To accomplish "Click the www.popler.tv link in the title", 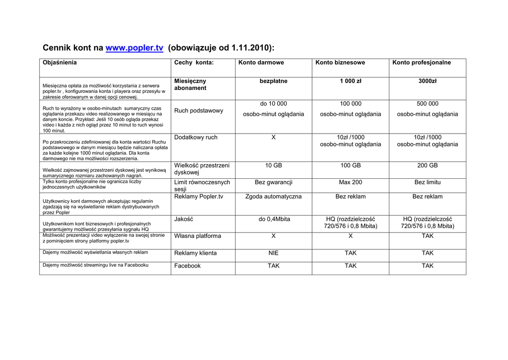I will click(134, 48).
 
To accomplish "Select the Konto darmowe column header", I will click(261, 63).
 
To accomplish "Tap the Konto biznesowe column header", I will click(340, 63).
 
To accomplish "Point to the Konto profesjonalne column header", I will click(421, 63).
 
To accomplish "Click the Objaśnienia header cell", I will click(60, 63).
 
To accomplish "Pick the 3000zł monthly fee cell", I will click(427, 81).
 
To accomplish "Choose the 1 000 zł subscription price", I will click(350, 81).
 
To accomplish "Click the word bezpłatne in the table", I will click(273, 81).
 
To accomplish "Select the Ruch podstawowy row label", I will click(198, 111).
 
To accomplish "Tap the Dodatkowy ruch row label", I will click(195, 138).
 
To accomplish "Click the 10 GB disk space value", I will click(273, 165).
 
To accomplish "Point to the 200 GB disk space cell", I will click(427, 165).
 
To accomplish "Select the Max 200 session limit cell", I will click(350, 182).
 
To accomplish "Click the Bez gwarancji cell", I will click(273, 182).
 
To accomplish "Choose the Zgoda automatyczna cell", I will click(273, 197).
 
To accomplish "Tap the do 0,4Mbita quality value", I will click(273, 219).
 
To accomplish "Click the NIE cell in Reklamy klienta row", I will click(273, 253).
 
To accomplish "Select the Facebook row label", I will click(187, 266).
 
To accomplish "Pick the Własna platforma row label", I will click(197, 236).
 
